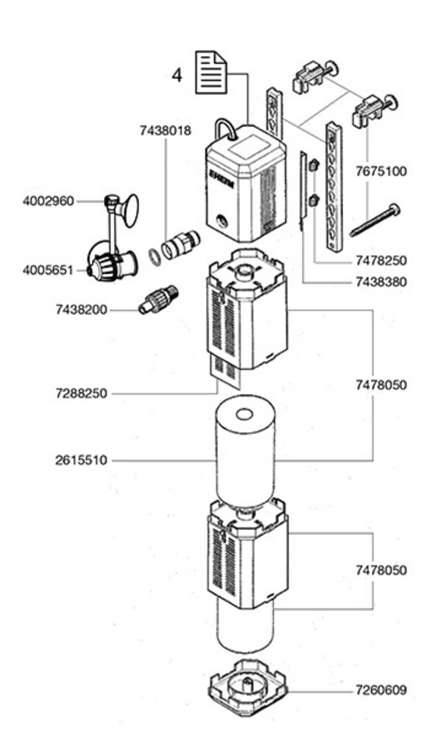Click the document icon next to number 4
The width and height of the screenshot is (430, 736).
(211, 73)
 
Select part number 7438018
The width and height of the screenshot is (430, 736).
(166, 130)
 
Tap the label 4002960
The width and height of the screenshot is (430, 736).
(49, 201)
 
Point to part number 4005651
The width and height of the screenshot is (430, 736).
(49, 270)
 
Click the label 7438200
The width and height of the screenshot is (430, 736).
(81, 309)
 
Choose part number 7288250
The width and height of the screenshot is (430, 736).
(81, 393)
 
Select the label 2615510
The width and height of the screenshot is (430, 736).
(81, 460)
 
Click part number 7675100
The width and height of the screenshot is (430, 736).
(381, 171)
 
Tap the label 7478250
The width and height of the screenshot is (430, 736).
(381, 260)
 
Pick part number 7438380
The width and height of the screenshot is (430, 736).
(381, 282)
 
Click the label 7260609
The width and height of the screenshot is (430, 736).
(381, 690)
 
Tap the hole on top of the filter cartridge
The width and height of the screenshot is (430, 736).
(244, 415)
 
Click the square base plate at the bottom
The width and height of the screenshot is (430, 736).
(247, 687)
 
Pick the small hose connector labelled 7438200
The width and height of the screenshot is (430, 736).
(158, 299)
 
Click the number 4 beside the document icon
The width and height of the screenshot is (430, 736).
(176, 75)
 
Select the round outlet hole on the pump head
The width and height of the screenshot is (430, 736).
(221, 220)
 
